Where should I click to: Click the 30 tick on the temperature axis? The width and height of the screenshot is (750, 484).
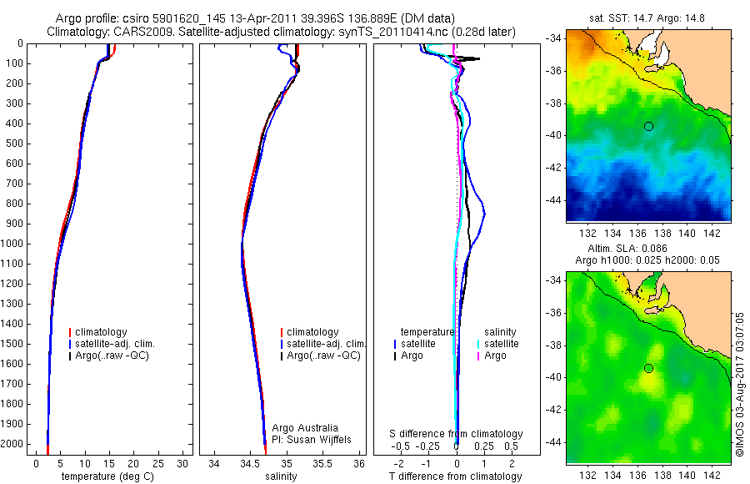tap(182, 462)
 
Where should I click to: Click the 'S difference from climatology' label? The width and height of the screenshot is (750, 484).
tap(457, 434)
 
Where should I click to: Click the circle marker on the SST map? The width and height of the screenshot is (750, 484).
tap(648, 126)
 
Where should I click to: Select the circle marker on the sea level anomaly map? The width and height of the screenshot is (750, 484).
tap(648, 368)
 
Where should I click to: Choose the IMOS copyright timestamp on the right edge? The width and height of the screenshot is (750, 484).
tap(739, 371)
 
